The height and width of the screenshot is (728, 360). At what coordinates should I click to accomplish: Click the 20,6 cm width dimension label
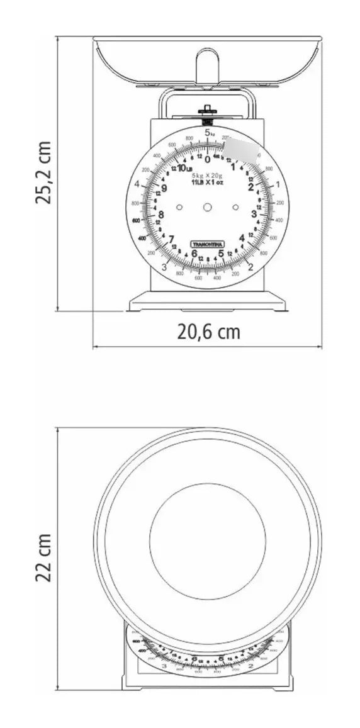[x=208, y=332]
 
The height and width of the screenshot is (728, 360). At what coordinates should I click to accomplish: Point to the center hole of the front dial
[x=207, y=207]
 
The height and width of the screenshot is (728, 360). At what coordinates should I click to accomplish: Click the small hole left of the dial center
[x=179, y=207]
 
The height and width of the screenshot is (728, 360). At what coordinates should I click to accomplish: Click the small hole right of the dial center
[x=235, y=207]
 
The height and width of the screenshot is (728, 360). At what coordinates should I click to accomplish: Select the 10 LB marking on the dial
[x=184, y=168]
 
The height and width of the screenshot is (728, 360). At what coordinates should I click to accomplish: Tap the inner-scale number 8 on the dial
[x=160, y=214]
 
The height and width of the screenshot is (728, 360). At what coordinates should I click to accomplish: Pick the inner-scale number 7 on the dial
[x=171, y=239]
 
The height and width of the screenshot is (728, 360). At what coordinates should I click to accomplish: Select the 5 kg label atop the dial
[x=210, y=133]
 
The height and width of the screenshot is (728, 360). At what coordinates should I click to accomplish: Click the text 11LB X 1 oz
[x=207, y=182]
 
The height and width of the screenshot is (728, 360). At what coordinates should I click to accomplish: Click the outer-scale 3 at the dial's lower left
[x=164, y=267]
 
